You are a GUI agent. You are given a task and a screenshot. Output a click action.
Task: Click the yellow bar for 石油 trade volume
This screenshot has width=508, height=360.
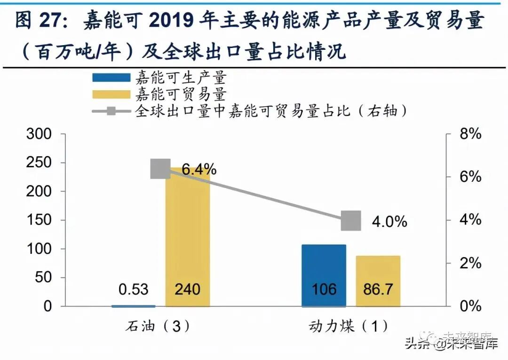click(x=188, y=235)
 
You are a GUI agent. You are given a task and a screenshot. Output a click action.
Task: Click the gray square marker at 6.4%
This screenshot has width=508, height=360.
click(x=160, y=169)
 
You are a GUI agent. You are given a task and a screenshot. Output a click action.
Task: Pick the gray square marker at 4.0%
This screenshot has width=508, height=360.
click(x=351, y=220)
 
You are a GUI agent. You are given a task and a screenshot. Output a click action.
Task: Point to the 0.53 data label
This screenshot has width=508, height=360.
click(x=133, y=289)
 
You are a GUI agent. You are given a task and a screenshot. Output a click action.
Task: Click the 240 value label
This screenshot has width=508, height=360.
click(x=187, y=289)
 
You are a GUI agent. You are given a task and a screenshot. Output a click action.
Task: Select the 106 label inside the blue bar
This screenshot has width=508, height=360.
click(x=324, y=289)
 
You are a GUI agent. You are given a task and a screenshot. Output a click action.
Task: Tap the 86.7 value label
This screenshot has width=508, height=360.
click(x=378, y=289)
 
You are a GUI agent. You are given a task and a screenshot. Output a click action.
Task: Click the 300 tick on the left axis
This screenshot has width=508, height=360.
click(x=40, y=134)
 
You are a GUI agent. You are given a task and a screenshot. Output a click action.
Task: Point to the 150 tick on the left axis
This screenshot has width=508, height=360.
click(x=40, y=220)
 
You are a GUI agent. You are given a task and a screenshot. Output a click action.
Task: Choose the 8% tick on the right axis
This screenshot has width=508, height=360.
click(x=470, y=134)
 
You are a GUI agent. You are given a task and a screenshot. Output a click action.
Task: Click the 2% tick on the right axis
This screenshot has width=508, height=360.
click(x=470, y=263)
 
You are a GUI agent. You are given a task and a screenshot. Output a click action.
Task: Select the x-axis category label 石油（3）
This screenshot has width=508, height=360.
click(x=160, y=326)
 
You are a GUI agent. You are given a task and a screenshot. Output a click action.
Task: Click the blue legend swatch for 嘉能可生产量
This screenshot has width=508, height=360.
click(x=111, y=78)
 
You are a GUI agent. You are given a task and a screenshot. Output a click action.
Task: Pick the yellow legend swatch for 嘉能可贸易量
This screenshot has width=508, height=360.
click(x=111, y=94)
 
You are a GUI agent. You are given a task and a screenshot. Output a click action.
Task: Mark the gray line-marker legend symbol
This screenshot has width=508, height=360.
click(x=111, y=111)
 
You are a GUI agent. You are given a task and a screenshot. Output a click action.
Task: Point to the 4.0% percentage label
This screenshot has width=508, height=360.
click(x=389, y=221)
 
